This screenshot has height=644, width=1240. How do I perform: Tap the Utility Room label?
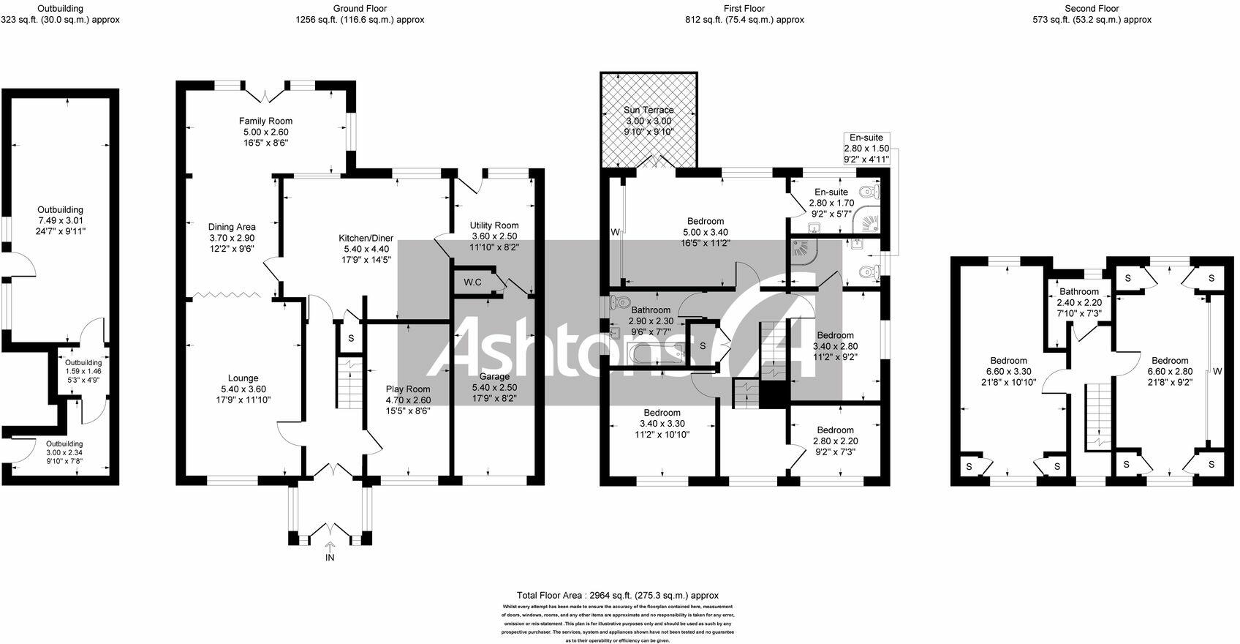[494, 226]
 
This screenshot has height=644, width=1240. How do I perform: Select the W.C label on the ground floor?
[472, 282]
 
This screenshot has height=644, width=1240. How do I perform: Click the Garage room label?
[494, 377]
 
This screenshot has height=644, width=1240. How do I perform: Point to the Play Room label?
[408, 389]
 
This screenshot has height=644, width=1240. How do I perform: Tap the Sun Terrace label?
[649, 111]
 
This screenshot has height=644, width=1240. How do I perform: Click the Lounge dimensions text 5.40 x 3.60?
[243, 389]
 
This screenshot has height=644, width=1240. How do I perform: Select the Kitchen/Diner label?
[366, 239]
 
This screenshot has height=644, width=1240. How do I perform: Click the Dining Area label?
[232, 227]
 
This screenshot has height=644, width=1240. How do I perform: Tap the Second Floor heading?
[1092, 9]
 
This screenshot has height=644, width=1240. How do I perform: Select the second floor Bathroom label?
[1078, 292]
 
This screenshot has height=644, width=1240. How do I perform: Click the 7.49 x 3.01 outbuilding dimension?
[61, 220]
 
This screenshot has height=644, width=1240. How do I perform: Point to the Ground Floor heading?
[360, 9]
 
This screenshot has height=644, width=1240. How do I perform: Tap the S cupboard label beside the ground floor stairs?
[351, 339]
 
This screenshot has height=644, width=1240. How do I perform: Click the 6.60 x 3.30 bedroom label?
[1008, 371]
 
